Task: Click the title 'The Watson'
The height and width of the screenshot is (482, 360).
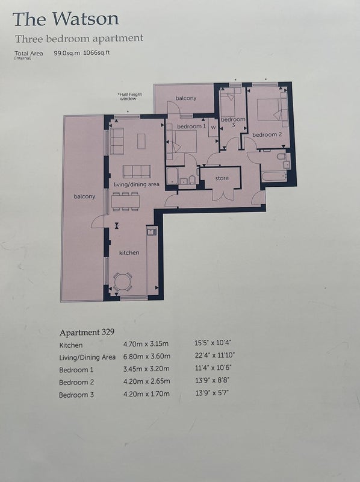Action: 66,19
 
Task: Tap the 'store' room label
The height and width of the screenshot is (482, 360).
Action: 222,178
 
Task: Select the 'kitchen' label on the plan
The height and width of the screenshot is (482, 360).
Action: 129,252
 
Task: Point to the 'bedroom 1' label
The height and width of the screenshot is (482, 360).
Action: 191,127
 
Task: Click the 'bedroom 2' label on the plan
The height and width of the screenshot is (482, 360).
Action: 267,134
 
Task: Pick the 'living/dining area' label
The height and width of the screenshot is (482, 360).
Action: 137,184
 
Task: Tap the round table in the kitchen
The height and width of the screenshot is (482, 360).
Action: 123,282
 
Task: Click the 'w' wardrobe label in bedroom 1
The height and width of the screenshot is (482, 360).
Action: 213,127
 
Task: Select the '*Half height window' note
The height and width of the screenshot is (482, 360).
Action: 129,96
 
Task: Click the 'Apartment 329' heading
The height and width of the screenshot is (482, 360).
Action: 87,333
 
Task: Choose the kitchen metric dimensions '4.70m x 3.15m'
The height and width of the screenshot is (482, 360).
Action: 146,343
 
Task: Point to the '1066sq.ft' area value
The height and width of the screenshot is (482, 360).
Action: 96,52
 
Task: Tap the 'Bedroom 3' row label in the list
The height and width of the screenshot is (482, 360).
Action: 76,395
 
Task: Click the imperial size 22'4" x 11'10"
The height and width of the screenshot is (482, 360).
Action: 214,355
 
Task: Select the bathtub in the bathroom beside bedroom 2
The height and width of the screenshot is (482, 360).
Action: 274,177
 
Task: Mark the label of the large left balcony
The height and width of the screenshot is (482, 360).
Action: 84,196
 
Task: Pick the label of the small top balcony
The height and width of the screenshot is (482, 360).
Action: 186,98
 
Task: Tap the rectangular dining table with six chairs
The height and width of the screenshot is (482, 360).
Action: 125,202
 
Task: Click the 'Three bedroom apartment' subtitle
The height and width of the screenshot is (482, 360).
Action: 79,39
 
